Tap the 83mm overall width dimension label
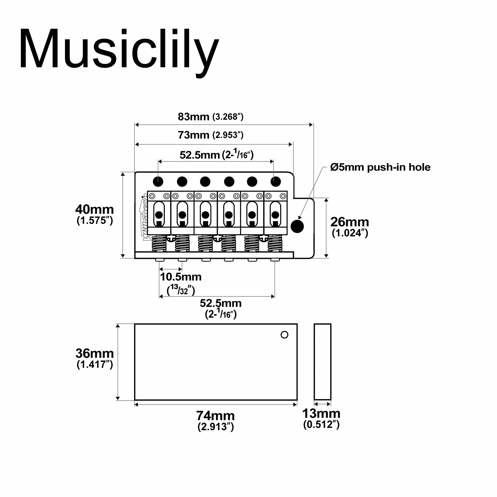210,117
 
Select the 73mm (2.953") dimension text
210,135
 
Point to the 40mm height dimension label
95,214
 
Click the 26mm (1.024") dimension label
350,227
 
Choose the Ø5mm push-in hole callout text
380,167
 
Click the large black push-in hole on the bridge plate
297,226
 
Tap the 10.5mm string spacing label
181,282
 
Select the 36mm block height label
95,358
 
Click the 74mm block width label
216,420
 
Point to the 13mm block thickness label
321,418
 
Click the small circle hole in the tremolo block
284,335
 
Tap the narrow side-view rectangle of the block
323,362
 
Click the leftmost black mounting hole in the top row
158,182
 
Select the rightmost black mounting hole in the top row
276,182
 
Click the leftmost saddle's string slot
159,214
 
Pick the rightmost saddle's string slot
275,214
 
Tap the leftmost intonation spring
159,243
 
